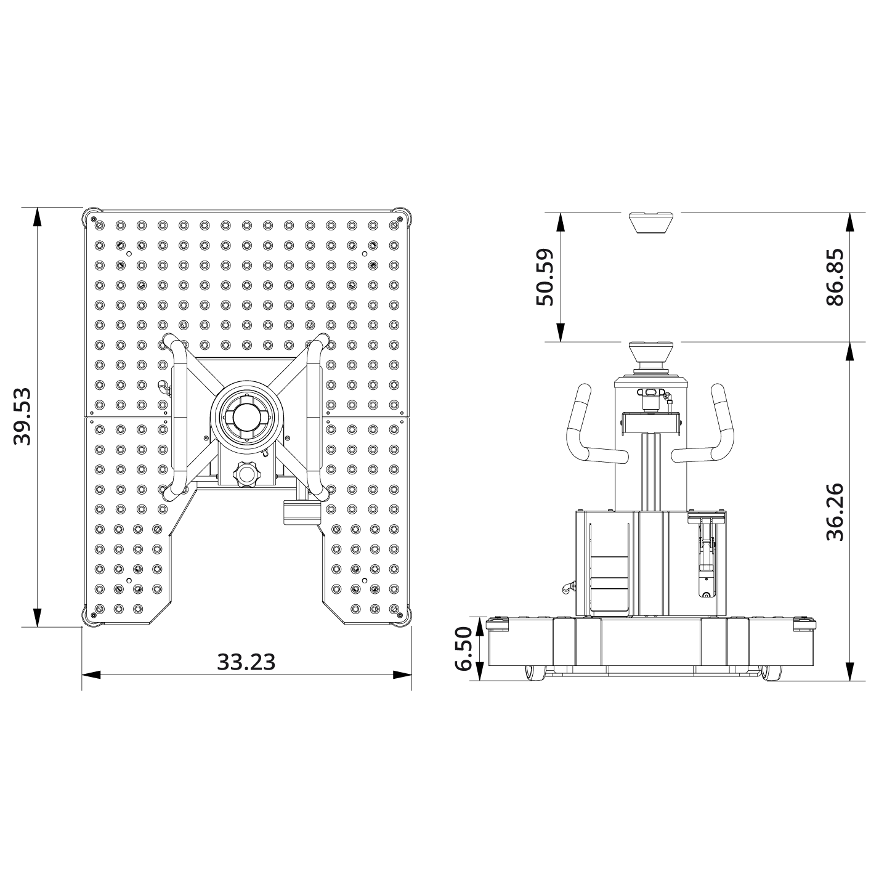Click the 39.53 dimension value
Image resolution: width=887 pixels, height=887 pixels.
coord(23,416)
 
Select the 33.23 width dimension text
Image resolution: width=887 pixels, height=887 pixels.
coord(246,662)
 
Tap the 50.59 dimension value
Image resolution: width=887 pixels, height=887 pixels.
coord(545,277)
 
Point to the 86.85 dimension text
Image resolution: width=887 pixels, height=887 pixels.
coord(834,277)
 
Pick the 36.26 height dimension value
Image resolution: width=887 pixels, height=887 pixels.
coord(834,511)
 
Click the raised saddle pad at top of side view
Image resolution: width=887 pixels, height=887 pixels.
coord(650,221)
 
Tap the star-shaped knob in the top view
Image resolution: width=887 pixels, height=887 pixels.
coord(246,476)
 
